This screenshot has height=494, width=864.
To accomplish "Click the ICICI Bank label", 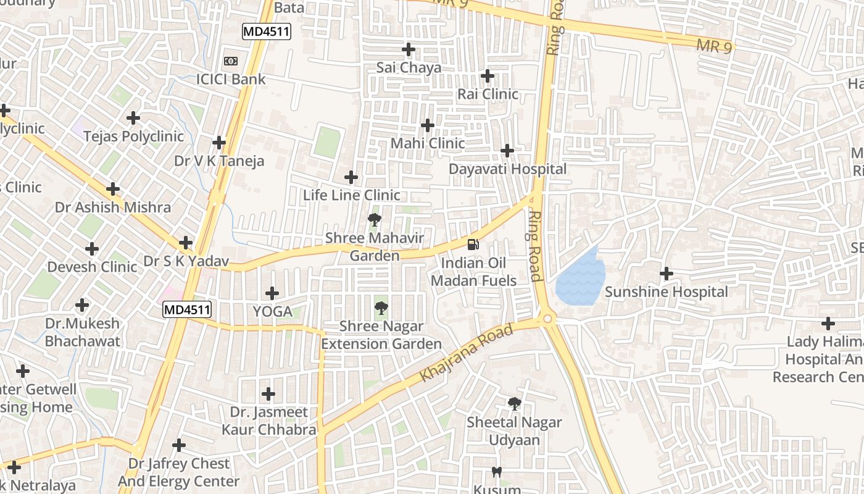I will pos(231,79).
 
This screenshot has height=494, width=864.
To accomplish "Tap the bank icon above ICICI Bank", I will pos(231,61).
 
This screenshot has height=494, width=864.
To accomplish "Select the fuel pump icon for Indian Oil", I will pos(473,244).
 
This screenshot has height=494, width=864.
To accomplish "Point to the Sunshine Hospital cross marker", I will pos(667,273).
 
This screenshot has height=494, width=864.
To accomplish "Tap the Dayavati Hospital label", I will pos(507,169).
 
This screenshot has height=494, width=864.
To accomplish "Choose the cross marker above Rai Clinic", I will pos(488,76).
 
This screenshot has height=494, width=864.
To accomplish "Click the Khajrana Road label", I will pos(467,353).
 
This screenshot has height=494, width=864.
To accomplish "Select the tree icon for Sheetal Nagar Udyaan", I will pos(514,404).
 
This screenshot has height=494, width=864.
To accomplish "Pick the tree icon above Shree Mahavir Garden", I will pos(374,219).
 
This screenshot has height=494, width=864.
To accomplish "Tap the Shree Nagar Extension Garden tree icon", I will pos(381,307).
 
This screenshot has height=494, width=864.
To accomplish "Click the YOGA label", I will pos(272,312).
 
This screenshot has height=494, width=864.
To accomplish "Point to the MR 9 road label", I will pos(714,46).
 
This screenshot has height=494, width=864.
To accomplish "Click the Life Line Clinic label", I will pos(352,195).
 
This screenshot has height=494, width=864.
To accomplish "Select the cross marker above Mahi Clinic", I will pos(428,125).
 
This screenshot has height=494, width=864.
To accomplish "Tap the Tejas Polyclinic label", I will pos(133,136).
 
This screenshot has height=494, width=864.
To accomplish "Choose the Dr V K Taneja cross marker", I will pos(219,143).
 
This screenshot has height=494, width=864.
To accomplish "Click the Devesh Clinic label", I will pos(93,267).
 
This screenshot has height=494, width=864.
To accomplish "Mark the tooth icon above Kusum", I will pos(496,472).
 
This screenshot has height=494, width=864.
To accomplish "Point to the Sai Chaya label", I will pos(409,67).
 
